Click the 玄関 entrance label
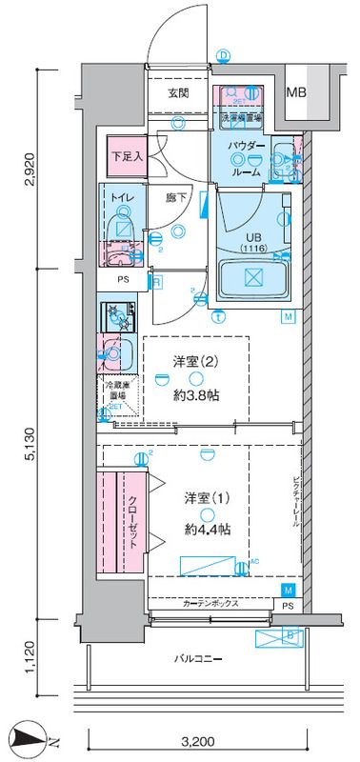(x=178, y=93)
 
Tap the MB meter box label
(x=299, y=92)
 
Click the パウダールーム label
(x=248, y=153)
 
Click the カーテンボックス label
(x=207, y=604)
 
